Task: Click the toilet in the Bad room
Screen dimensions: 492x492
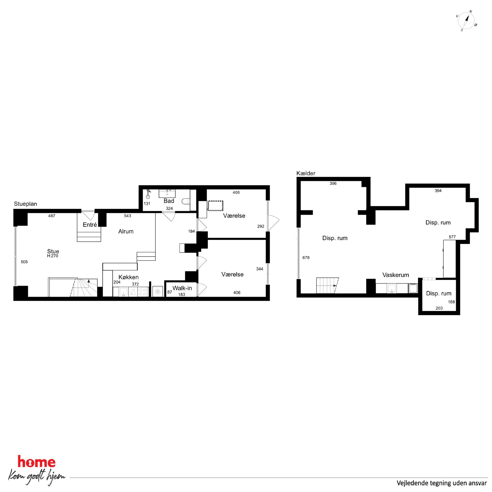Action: pyautogui.click(x=186, y=201)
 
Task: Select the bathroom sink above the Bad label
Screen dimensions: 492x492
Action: pyautogui.click(x=167, y=194)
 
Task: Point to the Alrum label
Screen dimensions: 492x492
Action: pyautogui.click(x=126, y=231)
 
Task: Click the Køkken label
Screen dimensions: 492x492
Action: pyautogui.click(x=129, y=277)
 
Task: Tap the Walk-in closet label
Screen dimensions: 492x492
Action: pyautogui.click(x=182, y=288)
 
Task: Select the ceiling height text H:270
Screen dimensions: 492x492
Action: pyautogui.click(x=53, y=256)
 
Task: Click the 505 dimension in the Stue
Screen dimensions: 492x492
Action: pyautogui.click(x=24, y=262)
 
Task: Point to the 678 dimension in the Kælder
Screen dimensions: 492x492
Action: pyautogui.click(x=306, y=258)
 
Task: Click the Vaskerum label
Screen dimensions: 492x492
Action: pyautogui.click(x=396, y=275)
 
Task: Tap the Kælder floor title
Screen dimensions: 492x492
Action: pyautogui.click(x=306, y=173)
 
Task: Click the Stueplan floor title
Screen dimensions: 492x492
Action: pyautogui.click(x=26, y=204)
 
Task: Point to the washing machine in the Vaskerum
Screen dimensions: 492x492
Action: pyautogui.click(x=413, y=288)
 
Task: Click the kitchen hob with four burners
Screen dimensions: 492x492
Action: pyautogui.click(x=143, y=292)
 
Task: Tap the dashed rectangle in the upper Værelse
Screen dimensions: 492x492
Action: pyautogui.click(x=215, y=206)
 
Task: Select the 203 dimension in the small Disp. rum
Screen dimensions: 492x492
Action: pyautogui.click(x=439, y=308)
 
